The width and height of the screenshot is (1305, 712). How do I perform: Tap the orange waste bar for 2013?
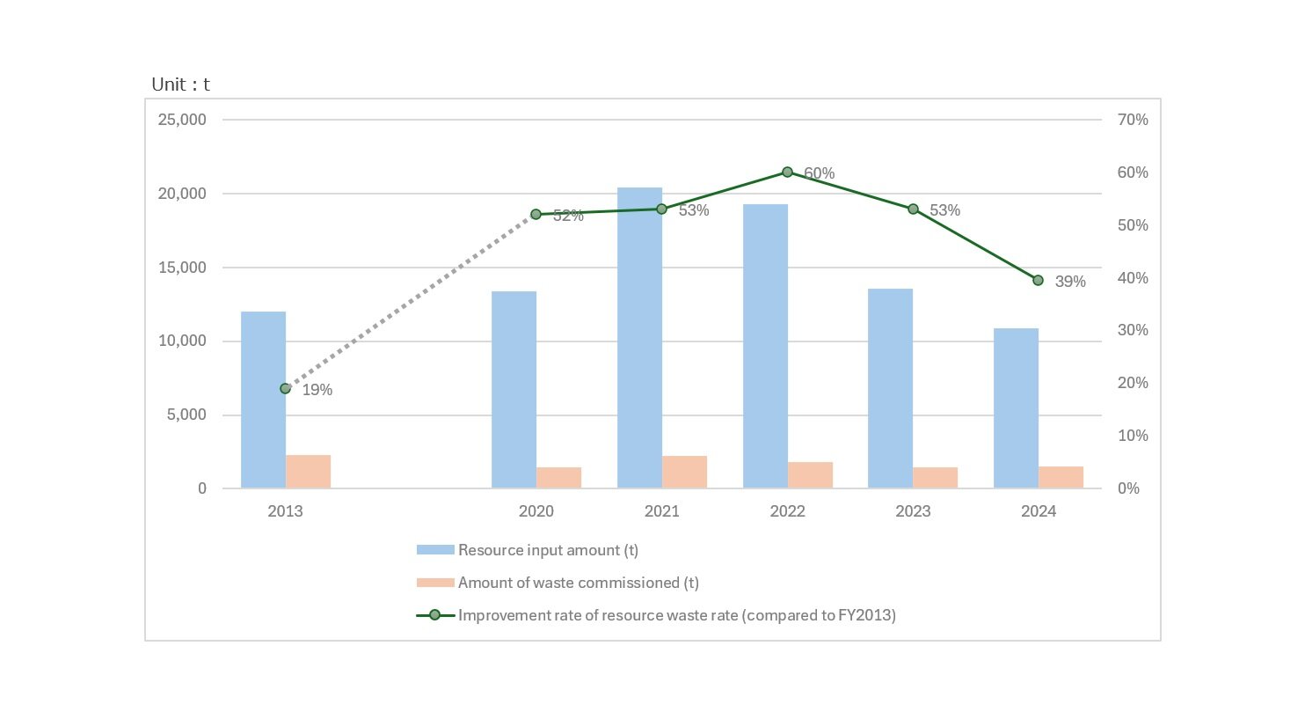click(x=308, y=472)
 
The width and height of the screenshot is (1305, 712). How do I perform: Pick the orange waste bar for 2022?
click(x=810, y=475)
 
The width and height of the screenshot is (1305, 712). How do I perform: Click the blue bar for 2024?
click(x=1016, y=408)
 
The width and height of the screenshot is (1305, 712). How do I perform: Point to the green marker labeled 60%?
click(x=787, y=172)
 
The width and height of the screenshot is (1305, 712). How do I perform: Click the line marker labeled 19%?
click(x=285, y=388)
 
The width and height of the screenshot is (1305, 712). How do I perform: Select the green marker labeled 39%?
click(x=1038, y=280)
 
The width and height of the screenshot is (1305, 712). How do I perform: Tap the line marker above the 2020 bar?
click(x=536, y=214)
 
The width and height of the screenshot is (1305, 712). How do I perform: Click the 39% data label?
click(x=1069, y=283)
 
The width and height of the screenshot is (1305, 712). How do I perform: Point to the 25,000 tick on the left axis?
click(x=182, y=120)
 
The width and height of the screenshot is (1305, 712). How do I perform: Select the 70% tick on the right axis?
click(x=1133, y=120)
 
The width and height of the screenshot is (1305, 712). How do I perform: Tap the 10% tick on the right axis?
click(x=1133, y=436)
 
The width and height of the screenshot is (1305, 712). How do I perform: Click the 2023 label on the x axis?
click(x=913, y=511)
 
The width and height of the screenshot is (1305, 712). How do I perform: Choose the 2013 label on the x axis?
click(x=285, y=511)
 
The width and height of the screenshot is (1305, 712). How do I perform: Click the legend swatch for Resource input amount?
click(x=435, y=550)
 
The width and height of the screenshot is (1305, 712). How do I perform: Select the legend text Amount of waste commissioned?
click(x=578, y=583)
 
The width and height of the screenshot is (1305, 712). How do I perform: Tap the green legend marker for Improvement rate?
click(x=434, y=615)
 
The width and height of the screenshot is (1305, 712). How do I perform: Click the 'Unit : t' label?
click(x=180, y=84)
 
